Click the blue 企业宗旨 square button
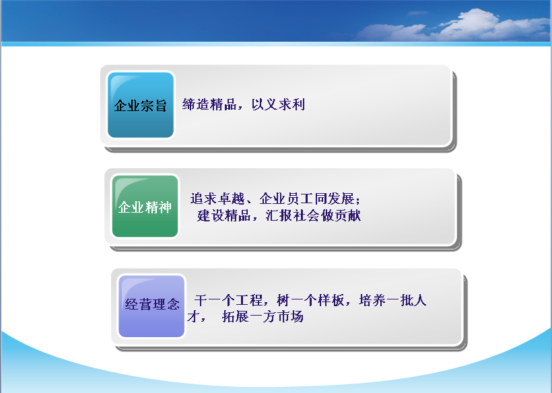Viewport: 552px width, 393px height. [x=141, y=105]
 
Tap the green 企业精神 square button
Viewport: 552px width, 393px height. [x=145, y=206]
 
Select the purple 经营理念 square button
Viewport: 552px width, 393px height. [x=151, y=306]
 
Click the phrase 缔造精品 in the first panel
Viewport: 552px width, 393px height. [x=209, y=104]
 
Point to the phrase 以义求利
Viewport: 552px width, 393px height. [x=278, y=104]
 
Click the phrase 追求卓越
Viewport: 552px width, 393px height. [x=217, y=199]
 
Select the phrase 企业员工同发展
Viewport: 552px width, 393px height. [x=307, y=199]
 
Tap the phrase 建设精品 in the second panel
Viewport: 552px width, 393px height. [x=224, y=215]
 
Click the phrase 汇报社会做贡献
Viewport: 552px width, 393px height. [x=313, y=215]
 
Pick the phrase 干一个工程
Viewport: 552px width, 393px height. [x=228, y=300]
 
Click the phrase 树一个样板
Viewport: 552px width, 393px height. [x=310, y=300]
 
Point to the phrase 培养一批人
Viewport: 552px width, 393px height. [x=393, y=300]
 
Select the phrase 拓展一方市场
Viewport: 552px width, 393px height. [x=263, y=317]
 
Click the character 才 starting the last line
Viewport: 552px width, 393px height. [x=193, y=317]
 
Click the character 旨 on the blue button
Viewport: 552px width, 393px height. [x=160, y=106]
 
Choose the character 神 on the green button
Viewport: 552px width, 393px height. [x=165, y=207]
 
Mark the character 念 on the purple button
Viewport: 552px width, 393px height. [x=173, y=304]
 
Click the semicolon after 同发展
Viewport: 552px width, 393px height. [x=358, y=200]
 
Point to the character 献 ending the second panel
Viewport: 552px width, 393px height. [x=355, y=215]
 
